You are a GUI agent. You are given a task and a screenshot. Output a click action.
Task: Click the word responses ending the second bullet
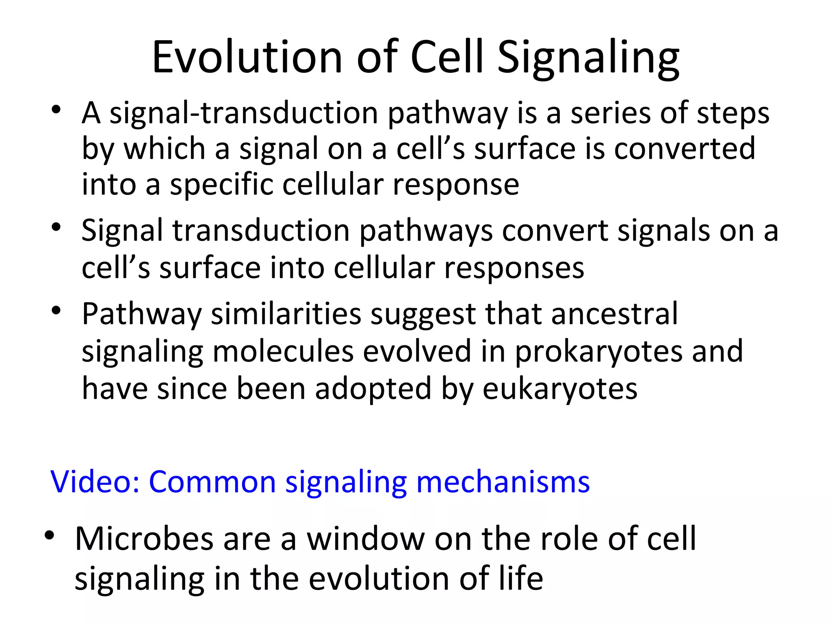tap(514, 268)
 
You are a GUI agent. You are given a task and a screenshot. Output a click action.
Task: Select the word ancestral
tap(614, 314)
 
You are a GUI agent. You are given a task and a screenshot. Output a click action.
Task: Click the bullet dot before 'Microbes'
tap(50, 536)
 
